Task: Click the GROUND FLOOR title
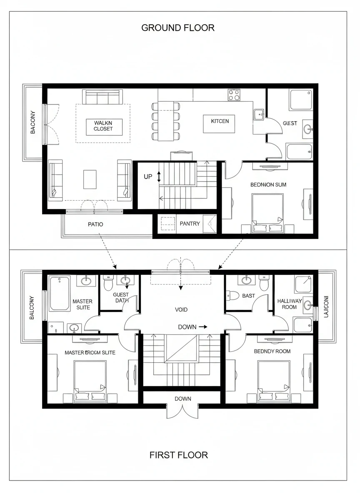tap(178, 28)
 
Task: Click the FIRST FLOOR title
tap(178, 455)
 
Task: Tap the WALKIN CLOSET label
tap(103, 126)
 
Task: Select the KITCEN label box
tap(220, 121)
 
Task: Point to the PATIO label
tap(95, 224)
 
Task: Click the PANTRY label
tap(190, 224)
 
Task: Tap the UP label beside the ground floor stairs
tap(148, 177)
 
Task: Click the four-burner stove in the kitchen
tap(234, 95)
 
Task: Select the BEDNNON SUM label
tap(268, 184)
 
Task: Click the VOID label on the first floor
tap(181, 309)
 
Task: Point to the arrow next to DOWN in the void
tap(203, 327)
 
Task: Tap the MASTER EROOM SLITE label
tap(90, 352)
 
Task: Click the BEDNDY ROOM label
tap(272, 351)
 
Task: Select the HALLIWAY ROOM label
tap(290, 304)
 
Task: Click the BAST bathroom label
tap(248, 296)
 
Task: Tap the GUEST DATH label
tap(121, 297)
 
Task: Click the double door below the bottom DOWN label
tap(182, 411)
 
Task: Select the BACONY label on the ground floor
tap(33, 122)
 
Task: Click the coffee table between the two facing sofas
tap(90, 179)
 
